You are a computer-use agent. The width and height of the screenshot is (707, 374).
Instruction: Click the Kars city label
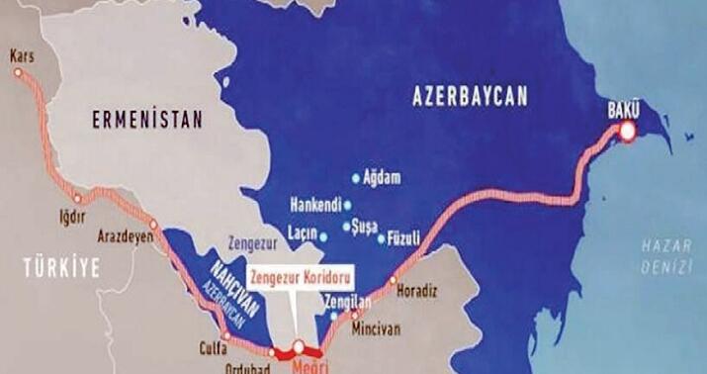coord(21,56)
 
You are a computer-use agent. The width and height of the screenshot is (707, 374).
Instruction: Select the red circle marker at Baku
coord(626,130)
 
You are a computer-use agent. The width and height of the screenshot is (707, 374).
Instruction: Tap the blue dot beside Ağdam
coord(357,178)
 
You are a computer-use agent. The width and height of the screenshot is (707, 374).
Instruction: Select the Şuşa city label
coord(364,228)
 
